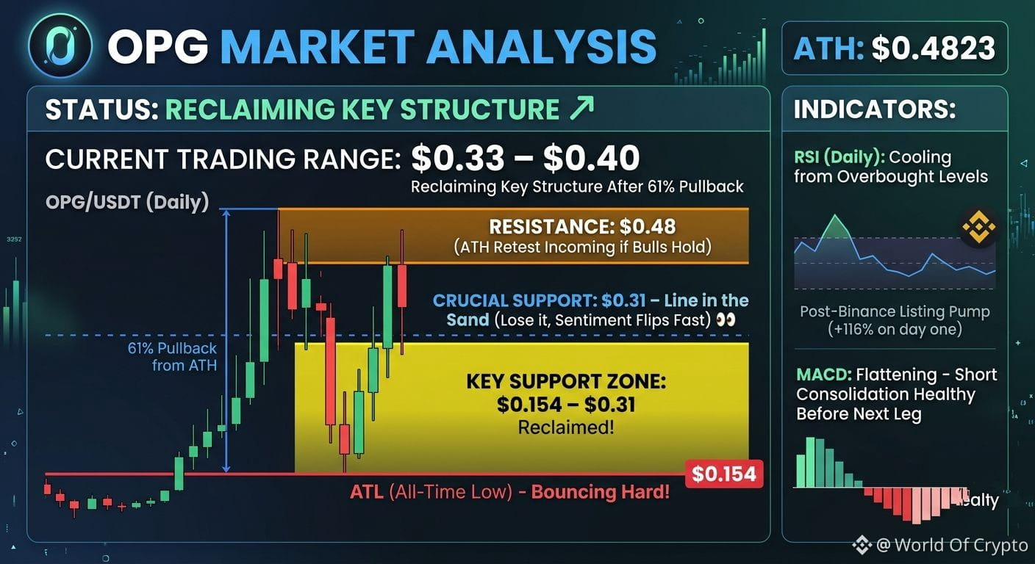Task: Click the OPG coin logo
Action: point(60,46)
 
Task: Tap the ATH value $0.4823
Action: point(933,48)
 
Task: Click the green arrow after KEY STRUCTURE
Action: point(581,108)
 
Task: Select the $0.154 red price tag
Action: point(724,474)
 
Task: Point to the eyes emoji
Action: point(726,320)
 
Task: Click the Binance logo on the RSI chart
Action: point(978,227)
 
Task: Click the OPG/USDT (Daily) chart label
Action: point(127,203)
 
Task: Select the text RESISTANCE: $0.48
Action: point(582,227)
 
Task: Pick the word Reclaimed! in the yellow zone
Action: point(566,427)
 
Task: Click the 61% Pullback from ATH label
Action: point(172,357)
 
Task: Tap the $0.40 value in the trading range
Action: point(592,158)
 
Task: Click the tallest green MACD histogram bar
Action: point(810,463)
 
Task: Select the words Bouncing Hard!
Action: point(601,492)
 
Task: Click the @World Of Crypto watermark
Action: point(940,545)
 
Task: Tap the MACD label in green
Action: point(824,375)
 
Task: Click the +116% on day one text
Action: point(895,330)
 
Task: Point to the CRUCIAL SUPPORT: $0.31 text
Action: point(540,301)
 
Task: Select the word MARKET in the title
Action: point(318,46)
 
